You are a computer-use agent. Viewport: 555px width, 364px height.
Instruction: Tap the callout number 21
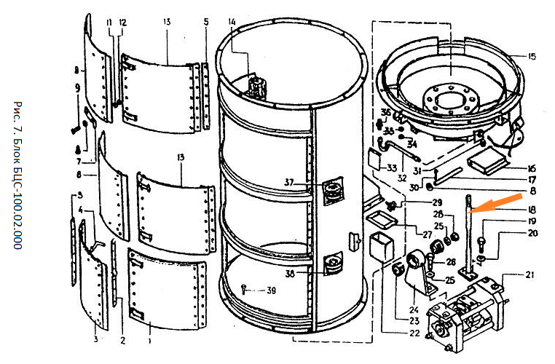[x=530, y=275]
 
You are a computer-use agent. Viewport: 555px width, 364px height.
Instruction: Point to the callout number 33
[x=391, y=167]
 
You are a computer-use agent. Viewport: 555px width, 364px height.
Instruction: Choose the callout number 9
[x=76, y=88]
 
